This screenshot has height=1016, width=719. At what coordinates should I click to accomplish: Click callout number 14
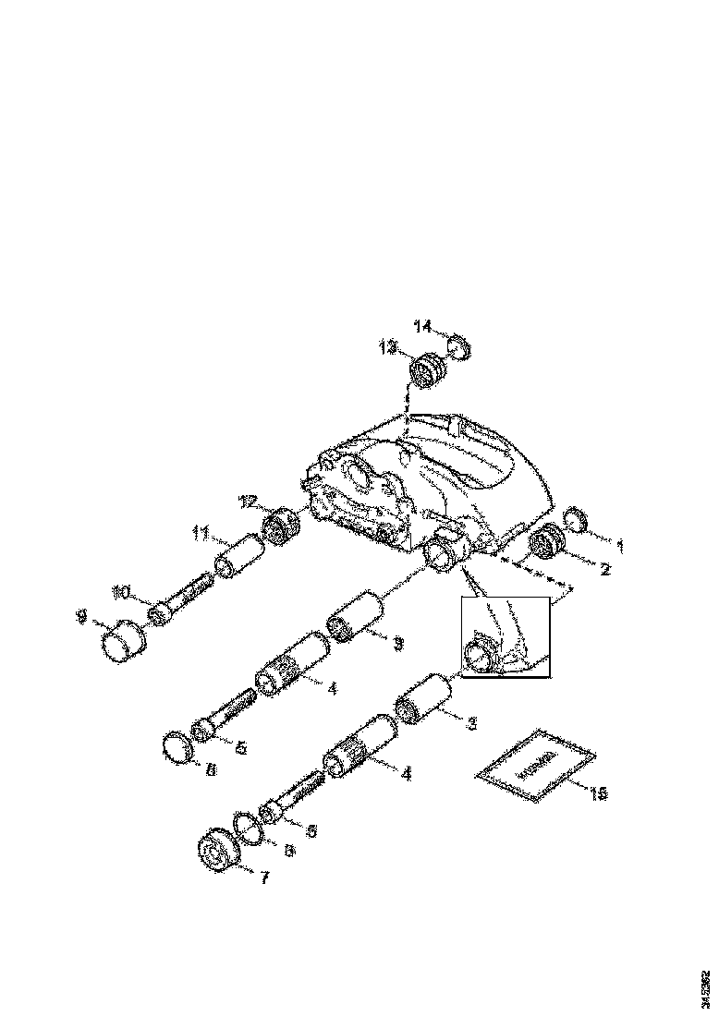(422, 326)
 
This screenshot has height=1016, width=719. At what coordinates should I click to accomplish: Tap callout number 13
(387, 347)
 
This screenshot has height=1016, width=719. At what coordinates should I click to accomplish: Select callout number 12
(248, 502)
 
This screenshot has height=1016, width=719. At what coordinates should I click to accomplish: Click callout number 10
(122, 591)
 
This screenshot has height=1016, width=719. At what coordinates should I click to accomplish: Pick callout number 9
(80, 612)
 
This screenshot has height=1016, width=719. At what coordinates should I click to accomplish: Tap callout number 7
(264, 878)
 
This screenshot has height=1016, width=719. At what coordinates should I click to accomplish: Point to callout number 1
(620, 546)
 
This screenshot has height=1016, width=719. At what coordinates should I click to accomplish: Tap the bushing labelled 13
(427, 372)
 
